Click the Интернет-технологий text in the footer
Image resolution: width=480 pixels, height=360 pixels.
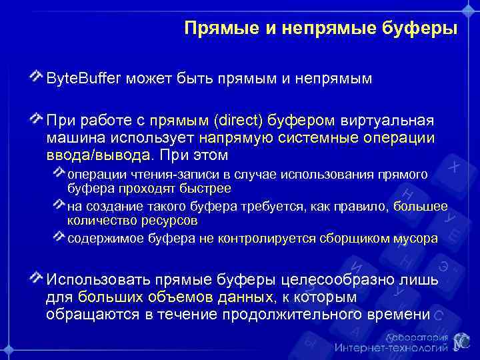pos(390,347)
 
